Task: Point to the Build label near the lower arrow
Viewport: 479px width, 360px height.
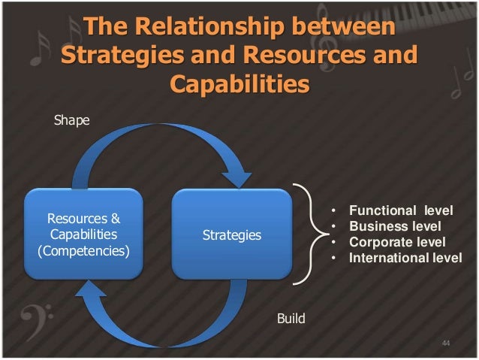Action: coord(291,319)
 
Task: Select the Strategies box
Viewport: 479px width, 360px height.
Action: coord(232,234)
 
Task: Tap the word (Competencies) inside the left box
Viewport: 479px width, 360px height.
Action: coord(83,250)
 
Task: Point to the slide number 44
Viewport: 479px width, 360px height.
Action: coord(446,343)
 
